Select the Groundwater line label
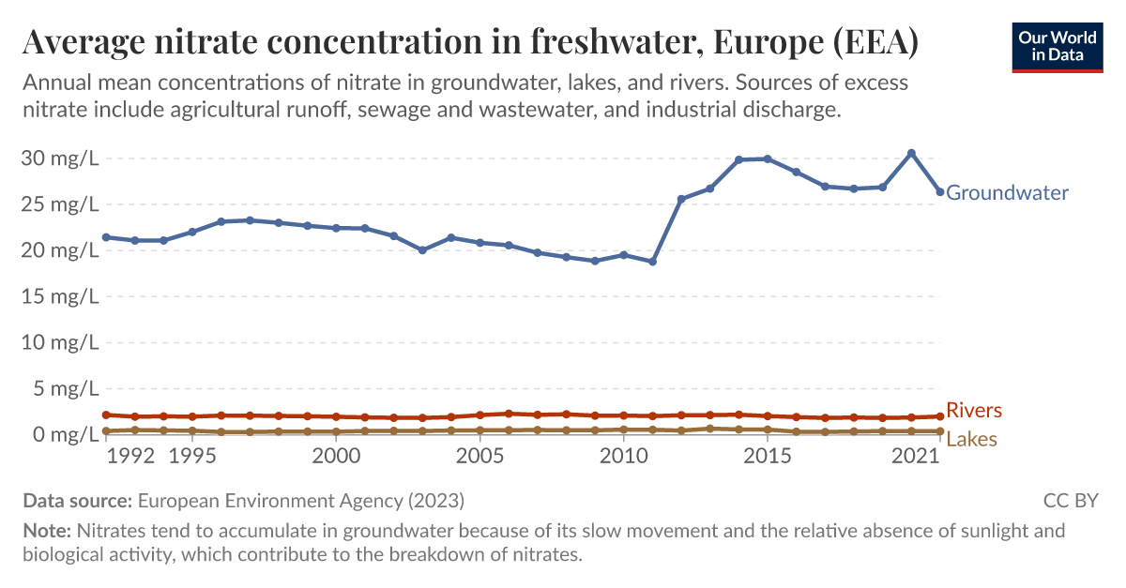pyautogui.click(x=1007, y=193)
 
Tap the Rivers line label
pyautogui.click(x=974, y=411)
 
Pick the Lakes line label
pyautogui.click(x=971, y=439)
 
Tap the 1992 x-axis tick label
pyautogui.click(x=131, y=456)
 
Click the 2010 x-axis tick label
pyautogui.click(x=623, y=456)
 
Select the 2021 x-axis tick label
pyautogui.click(x=915, y=456)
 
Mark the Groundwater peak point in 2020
pyautogui.click(x=911, y=153)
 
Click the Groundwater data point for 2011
pyautogui.click(x=652, y=261)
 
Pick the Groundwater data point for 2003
pyautogui.click(x=422, y=250)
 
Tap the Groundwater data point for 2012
pyautogui.click(x=681, y=199)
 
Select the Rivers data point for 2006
pyautogui.click(x=509, y=414)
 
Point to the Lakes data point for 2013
pyautogui.click(x=710, y=429)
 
